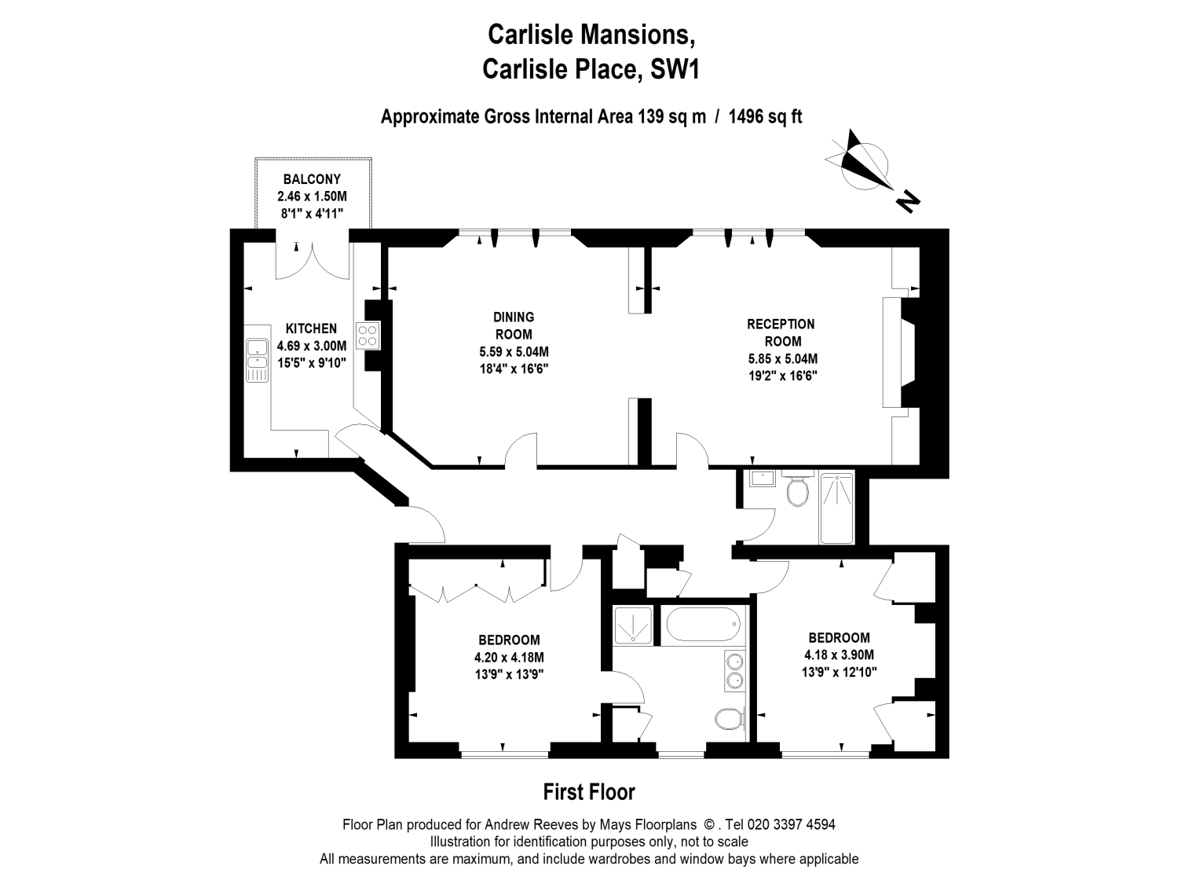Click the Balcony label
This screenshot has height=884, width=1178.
[x=312, y=179]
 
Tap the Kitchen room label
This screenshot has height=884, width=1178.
[x=311, y=328]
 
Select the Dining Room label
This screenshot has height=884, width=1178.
[x=514, y=325]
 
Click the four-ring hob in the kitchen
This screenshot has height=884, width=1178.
[x=368, y=336]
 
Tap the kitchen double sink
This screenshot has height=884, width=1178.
[x=256, y=359]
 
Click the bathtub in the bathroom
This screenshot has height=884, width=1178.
[x=703, y=625]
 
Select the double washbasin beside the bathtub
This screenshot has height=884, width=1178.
[x=734, y=670]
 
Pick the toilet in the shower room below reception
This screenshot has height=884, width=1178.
[x=799, y=490]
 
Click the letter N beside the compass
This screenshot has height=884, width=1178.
[x=908, y=201]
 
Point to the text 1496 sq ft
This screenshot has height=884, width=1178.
[x=765, y=117]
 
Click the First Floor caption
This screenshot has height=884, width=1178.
[x=589, y=792]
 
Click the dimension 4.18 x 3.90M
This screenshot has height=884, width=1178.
[x=839, y=655]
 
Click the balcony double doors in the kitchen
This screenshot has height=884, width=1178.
[x=312, y=259]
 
